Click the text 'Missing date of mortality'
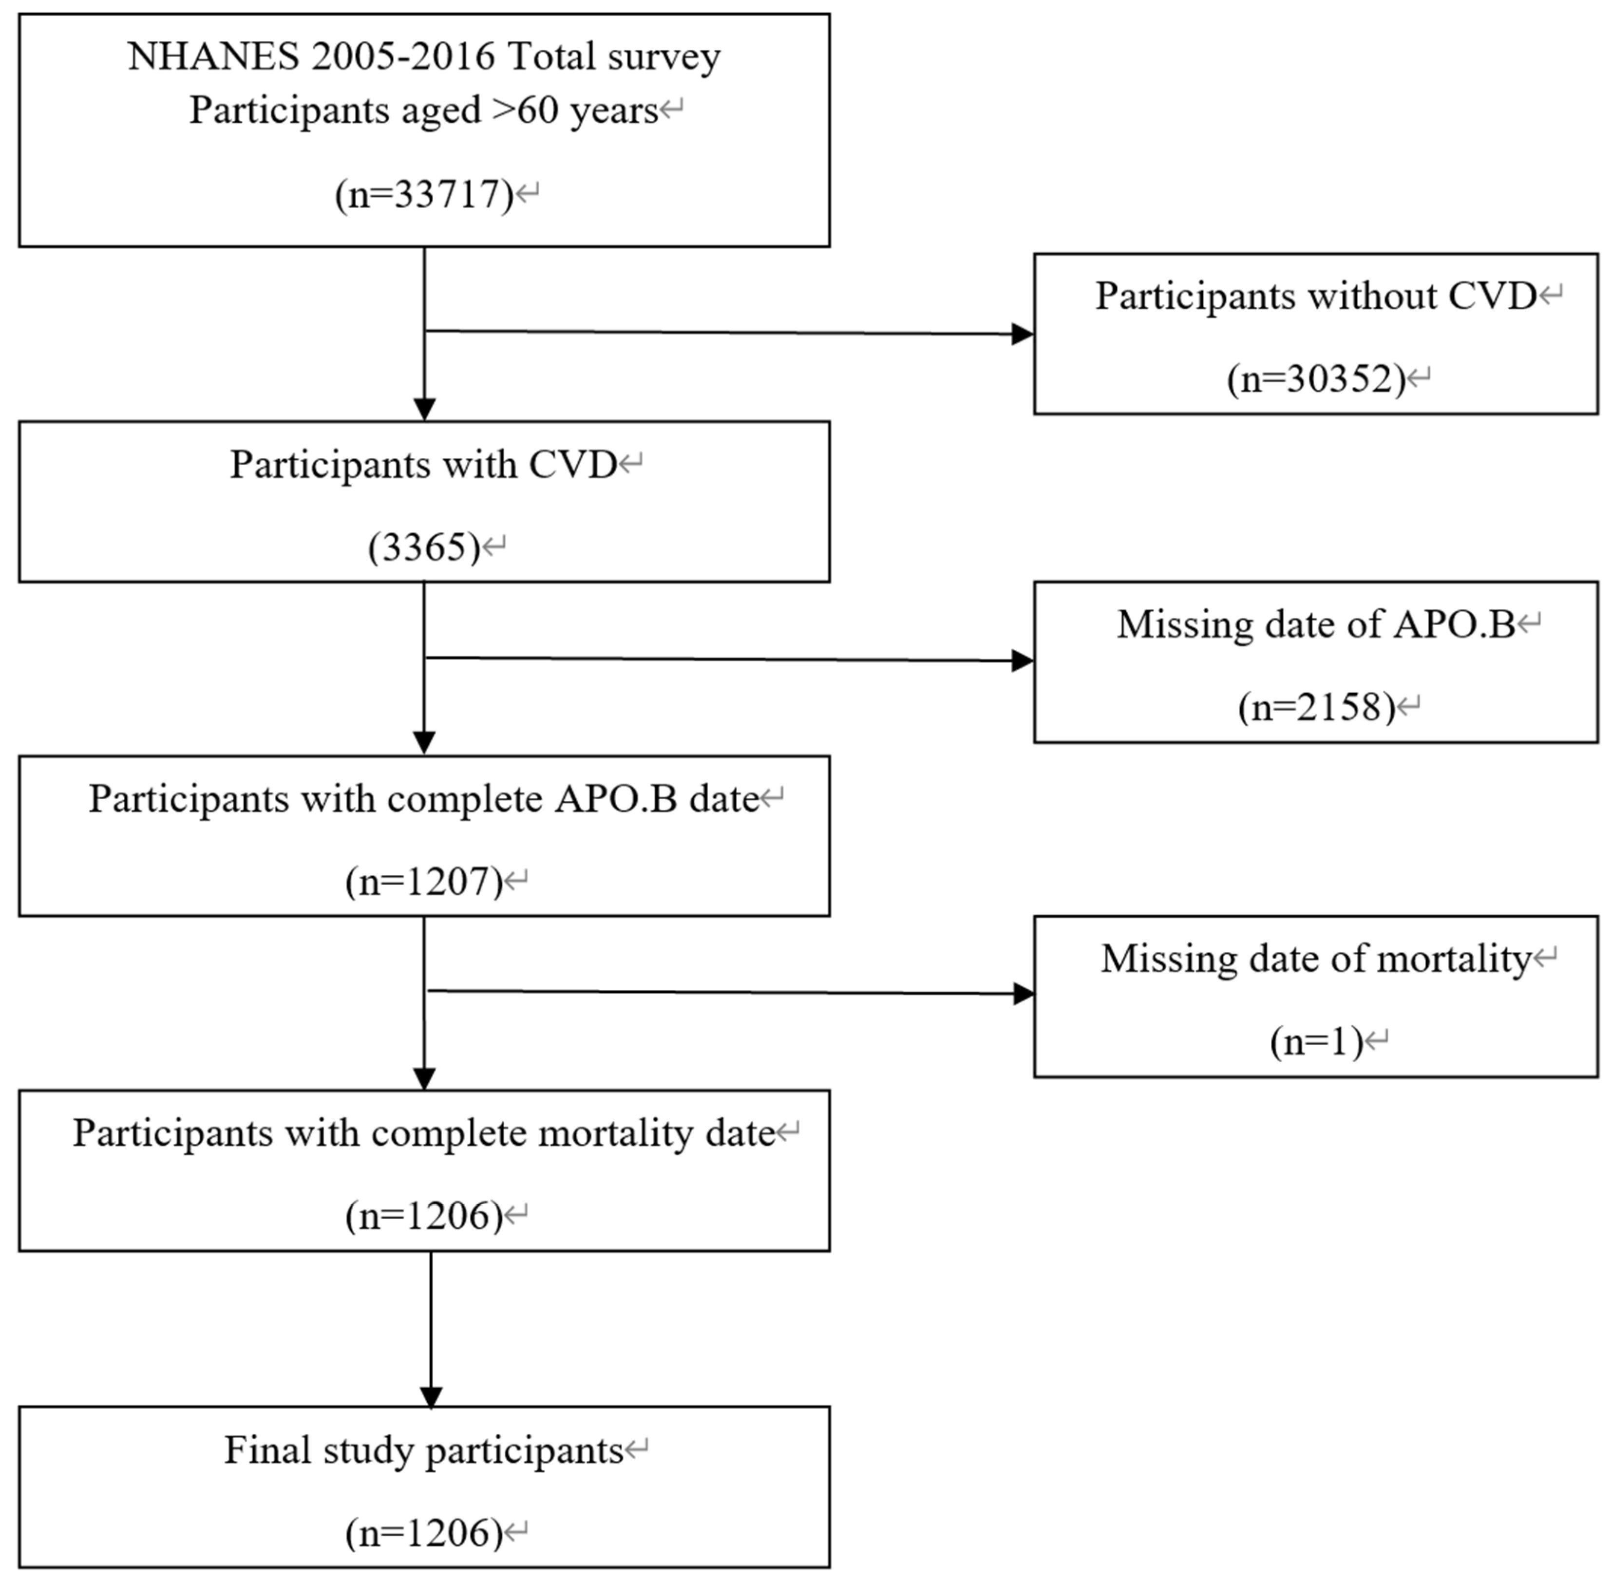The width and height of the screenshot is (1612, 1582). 1315,960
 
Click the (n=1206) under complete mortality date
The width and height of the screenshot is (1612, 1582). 424,1216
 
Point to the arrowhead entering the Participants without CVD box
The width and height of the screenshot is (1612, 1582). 1022,335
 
